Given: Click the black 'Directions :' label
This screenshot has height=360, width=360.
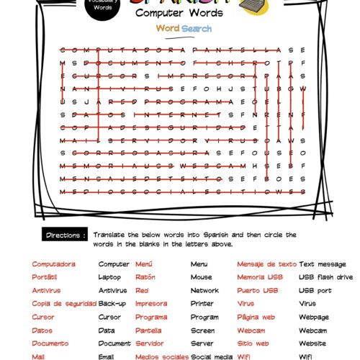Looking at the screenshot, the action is point(66,235).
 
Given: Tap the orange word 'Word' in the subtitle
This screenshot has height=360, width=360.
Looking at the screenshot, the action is point(168,28).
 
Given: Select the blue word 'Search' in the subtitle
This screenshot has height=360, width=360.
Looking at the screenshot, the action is point(197,28).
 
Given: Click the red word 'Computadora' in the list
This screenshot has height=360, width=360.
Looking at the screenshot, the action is point(53,264).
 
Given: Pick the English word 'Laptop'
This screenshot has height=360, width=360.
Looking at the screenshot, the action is point(109,277).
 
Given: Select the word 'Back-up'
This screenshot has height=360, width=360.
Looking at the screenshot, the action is point(112,303).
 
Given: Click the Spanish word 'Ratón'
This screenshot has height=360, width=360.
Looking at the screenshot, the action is point(145,277).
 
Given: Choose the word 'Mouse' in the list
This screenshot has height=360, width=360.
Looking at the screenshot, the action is point(201,277).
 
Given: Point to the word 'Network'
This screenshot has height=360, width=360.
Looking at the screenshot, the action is point(204,290).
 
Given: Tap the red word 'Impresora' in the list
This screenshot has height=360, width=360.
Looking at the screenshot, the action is point(150,303).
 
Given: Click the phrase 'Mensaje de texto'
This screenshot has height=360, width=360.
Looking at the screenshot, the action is point(266,264).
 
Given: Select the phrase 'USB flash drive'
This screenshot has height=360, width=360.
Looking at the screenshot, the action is point(325,277).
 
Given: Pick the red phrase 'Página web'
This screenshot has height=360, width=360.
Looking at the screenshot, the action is point(256,317).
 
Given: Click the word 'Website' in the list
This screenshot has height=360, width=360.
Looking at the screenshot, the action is point(312,343).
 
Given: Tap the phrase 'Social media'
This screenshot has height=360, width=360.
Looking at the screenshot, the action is point(212,356).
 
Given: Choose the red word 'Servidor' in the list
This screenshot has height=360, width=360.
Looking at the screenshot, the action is point(149,343).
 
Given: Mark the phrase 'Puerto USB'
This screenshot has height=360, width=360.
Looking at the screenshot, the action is point(257,290).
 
